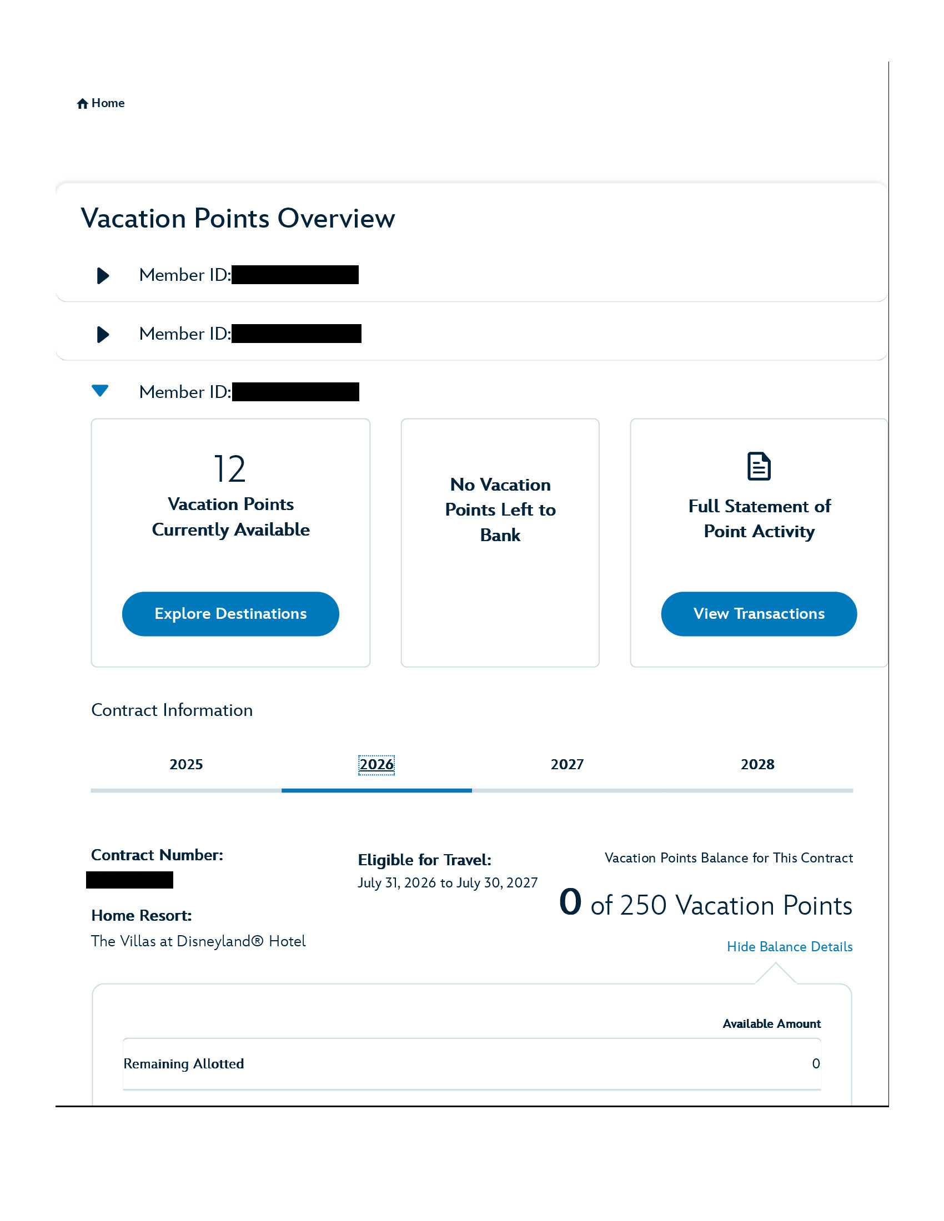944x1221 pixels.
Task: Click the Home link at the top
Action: [x=108, y=103]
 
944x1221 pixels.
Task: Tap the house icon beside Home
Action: [x=82, y=103]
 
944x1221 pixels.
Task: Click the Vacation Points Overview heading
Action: [x=238, y=218]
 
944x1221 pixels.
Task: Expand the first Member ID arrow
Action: [x=103, y=275]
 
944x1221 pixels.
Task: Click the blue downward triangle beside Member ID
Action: [x=100, y=391]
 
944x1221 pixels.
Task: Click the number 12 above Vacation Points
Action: [x=230, y=468]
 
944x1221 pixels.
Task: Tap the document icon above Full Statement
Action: [x=759, y=466]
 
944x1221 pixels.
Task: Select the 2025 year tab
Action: [x=186, y=764]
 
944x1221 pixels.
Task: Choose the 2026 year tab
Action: [x=376, y=764]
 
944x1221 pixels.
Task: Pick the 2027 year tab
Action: [x=567, y=764]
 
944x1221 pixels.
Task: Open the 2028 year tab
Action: [x=757, y=764]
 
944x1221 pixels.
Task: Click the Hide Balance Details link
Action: [x=789, y=946]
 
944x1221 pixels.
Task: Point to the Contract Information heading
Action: [x=172, y=710]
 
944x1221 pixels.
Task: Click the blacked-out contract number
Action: [x=130, y=880]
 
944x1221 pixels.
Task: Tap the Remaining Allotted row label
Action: [x=183, y=1063]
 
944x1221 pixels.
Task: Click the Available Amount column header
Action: [x=771, y=1023]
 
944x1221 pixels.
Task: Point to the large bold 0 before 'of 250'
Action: [x=570, y=902]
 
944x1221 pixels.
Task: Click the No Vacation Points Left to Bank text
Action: [x=500, y=509]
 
